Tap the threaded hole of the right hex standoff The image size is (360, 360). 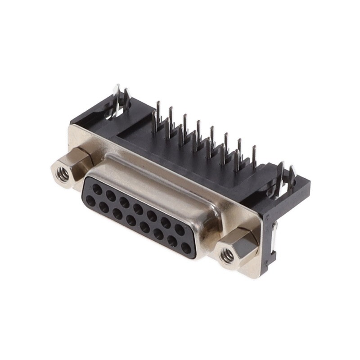click(227, 256)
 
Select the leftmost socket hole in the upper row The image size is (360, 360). click(97, 189)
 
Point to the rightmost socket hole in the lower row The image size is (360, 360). click(186, 247)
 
